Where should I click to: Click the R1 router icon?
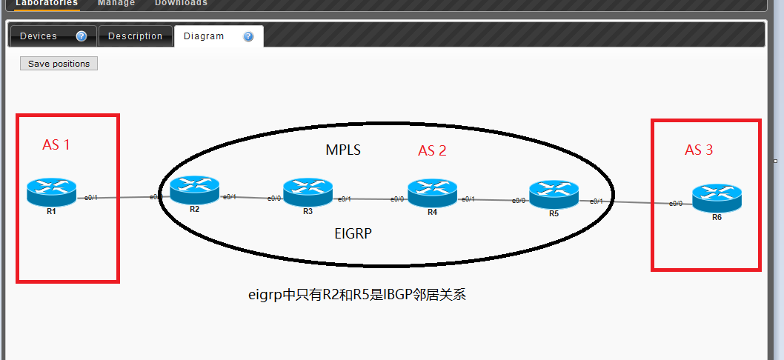pos(52,192)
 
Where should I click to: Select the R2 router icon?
pos(194,190)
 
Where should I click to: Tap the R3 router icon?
pos(308,193)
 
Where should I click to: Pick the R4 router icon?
pos(432,193)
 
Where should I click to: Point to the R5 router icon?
pos(554,194)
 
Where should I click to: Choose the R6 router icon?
pos(717,198)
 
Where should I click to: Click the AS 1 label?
pos(56,144)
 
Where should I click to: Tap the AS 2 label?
pos(432,150)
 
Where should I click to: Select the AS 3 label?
pos(699,150)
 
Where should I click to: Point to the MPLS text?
pos(343,150)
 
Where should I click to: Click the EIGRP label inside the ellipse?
pos(353,233)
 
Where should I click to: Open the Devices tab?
pos(39,36)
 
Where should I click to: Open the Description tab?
pos(135,36)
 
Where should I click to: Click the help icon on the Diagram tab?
pos(248,36)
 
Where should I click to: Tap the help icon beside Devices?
pos(82,36)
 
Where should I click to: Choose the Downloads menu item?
pos(181,3)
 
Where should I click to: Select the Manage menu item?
pos(116,3)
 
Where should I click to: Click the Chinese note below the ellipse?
pos(356,295)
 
